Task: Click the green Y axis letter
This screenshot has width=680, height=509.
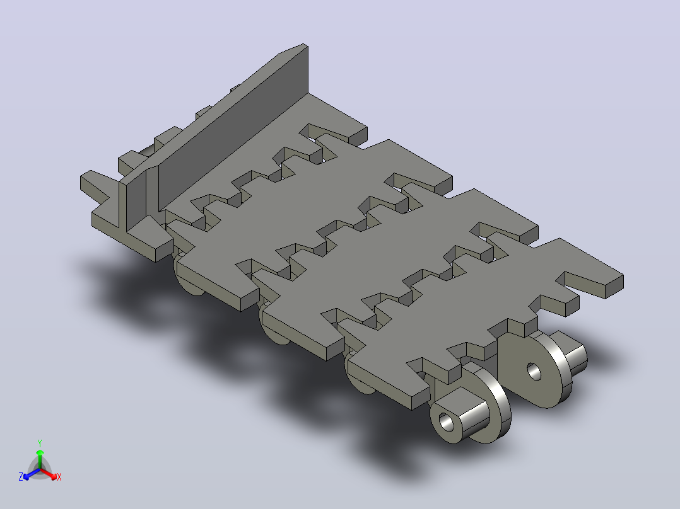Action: click(40, 443)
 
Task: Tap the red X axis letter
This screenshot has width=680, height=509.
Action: click(59, 477)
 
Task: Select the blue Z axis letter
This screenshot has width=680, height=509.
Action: click(21, 477)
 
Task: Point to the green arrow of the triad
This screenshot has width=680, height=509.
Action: click(40, 459)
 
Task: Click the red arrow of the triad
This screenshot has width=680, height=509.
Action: click(49, 473)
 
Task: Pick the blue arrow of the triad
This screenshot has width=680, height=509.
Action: click(32, 473)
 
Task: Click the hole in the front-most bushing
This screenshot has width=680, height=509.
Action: click(446, 421)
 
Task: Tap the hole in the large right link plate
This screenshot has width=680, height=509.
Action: click(534, 372)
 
